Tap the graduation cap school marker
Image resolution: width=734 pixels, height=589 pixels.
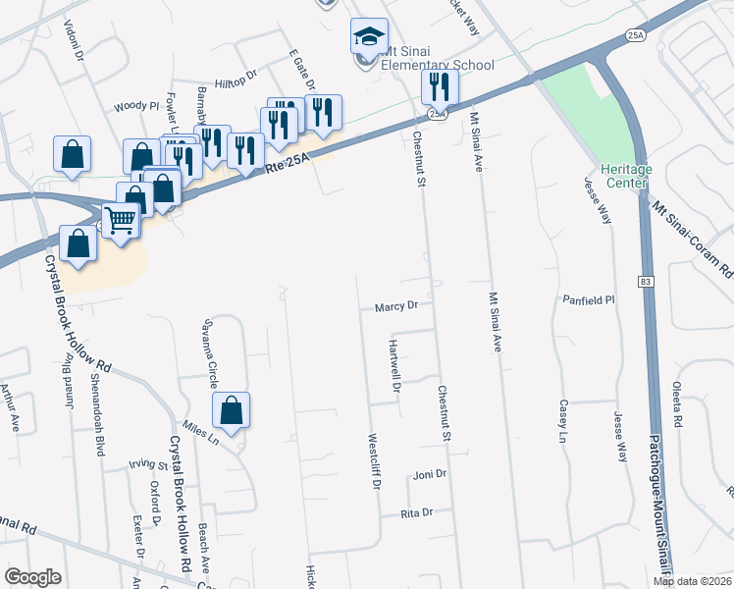(x=370, y=38)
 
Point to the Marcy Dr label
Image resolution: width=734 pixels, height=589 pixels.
(x=396, y=306)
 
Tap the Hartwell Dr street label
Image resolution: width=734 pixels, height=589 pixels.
(x=394, y=366)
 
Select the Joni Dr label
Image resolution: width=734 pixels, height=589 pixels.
(x=430, y=473)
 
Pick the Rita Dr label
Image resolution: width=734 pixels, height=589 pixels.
(x=416, y=513)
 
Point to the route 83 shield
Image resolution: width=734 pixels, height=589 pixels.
(x=644, y=282)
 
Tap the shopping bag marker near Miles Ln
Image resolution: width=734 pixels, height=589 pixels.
(x=231, y=411)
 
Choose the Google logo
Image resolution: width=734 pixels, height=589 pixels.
(x=32, y=577)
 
